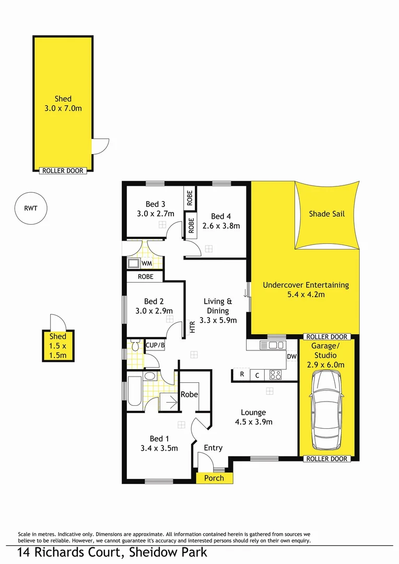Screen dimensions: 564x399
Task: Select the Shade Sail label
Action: (327, 214)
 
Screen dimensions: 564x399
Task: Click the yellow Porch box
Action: (214, 478)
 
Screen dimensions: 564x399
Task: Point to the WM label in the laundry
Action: (147, 264)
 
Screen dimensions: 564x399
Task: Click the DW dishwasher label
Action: (291, 357)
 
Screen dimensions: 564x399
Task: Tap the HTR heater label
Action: (192, 327)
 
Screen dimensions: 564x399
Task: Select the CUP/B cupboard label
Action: (155, 345)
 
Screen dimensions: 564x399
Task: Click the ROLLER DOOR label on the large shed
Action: (63, 170)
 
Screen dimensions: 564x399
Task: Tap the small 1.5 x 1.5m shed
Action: (58, 346)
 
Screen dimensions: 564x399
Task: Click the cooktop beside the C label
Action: (275, 374)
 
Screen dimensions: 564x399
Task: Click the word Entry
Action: (213, 448)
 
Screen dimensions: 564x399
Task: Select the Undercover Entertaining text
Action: (306, 285)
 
